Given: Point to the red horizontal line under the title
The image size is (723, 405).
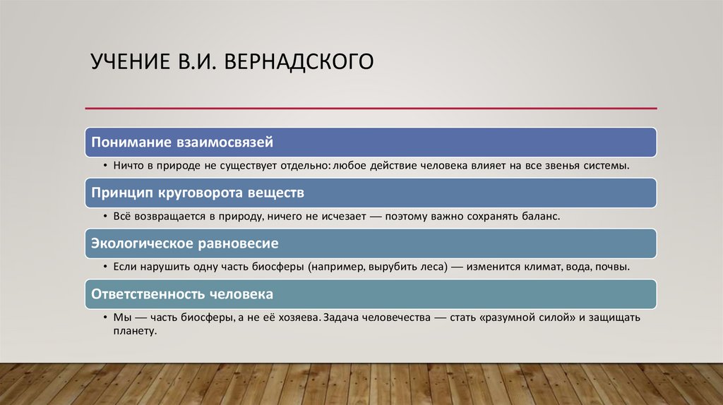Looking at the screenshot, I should pyautogui.click(x=371, y=108).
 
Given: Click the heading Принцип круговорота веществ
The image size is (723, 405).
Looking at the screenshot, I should pyautogui.click(x=198, y=193).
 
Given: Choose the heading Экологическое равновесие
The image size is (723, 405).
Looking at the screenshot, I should pyautogui.click(x=185, y=243).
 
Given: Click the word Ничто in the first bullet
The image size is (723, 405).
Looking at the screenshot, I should pyautogui.click(x=128, y=166).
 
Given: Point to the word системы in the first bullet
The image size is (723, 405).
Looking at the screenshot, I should pyautogui.click(x=606, y=166).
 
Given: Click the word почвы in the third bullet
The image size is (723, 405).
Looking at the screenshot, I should pyautogui.click(x=609, y=267).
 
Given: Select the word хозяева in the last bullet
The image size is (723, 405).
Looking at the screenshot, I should pyautogui.click(x=292, y=318).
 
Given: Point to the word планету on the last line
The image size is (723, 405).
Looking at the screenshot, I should pyautogui.click(x=133, y=330).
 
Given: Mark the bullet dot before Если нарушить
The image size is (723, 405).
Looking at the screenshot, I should pyautogui.click(x=104, y=268).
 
